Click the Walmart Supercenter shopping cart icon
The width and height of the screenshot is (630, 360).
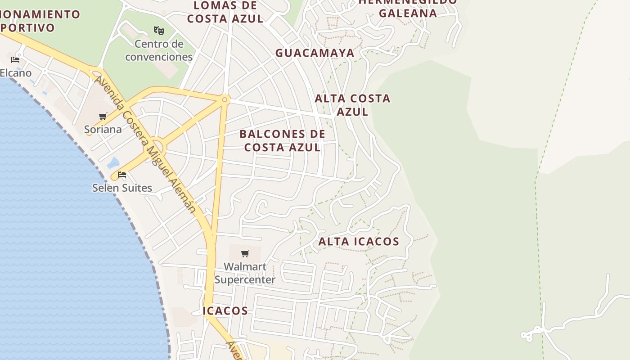click(245, 254)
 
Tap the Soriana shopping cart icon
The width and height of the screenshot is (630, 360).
click(103, 117)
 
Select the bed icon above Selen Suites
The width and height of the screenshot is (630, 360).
click(122, 175)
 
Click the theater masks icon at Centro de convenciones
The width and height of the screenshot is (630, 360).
click(158, 31)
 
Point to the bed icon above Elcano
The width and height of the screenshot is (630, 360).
click(15, 60)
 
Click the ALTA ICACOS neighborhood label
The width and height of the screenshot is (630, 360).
click(359, 242)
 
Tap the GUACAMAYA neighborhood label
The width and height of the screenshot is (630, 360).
click(315, 53)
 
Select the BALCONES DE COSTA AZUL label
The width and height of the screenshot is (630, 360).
click(282, 140)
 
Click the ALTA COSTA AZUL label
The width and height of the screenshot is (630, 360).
click(352, 105)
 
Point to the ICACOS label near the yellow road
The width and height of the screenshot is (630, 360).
click(225, 310)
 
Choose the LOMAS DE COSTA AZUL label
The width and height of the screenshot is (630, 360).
click(225, 12)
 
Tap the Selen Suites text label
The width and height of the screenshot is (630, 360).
click(122, 188)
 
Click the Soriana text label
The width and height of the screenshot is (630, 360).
click(103, 130)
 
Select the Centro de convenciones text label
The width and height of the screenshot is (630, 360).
click(159, 50)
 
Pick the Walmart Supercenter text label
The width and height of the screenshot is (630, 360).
click(245, 273)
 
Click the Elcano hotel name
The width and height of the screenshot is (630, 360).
click(16, 73)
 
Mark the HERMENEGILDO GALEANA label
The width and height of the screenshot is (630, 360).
click(408, 8)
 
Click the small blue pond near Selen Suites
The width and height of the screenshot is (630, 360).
click(113, 162)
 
